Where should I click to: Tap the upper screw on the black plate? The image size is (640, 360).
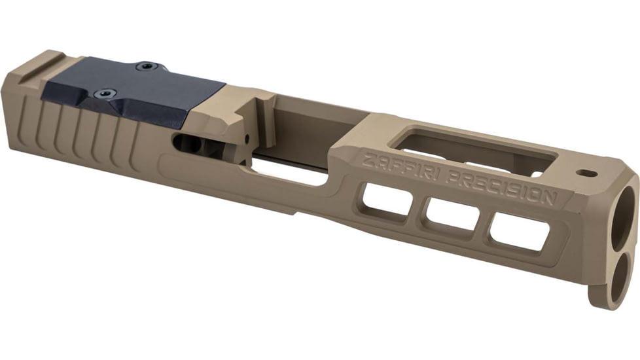coord(147,66)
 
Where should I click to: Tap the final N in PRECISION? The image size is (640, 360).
coord(552,197)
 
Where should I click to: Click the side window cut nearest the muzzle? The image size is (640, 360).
coord(520,232)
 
